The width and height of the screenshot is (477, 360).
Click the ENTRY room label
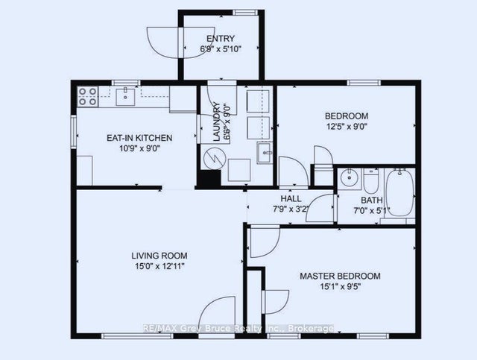point(221,39)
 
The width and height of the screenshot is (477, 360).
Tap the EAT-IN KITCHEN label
point(139,138)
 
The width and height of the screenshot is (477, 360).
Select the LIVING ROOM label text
point(159,256)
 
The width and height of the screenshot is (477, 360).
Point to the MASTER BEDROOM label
point(340,276)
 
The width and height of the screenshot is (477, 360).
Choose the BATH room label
point(372,200)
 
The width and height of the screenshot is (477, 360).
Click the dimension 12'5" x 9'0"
point(347,126)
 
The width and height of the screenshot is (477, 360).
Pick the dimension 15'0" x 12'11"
point(160,267)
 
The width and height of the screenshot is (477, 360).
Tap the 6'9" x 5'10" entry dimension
point(221,49)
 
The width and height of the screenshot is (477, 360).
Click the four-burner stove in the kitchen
point(88,96)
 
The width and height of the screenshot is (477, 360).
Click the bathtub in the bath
point(400,192)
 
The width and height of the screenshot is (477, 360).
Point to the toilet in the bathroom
point(371,181)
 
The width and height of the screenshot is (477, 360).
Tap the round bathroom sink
point(349,177)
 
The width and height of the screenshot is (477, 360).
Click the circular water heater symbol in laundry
point(214,158)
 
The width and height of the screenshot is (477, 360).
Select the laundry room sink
point(265,153)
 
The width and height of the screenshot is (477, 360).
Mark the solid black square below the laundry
point(209,178)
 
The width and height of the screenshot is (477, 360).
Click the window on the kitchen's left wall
point(73,132)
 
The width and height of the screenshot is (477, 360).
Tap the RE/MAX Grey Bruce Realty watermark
point(238,329)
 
